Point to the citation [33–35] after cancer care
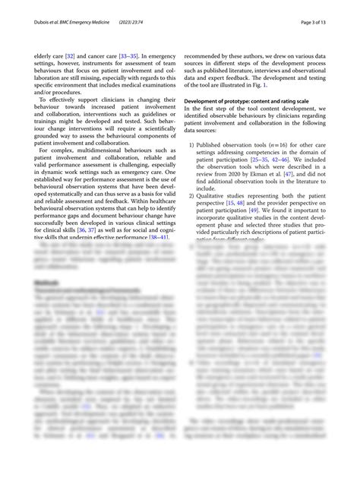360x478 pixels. click(x=129, y=56)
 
